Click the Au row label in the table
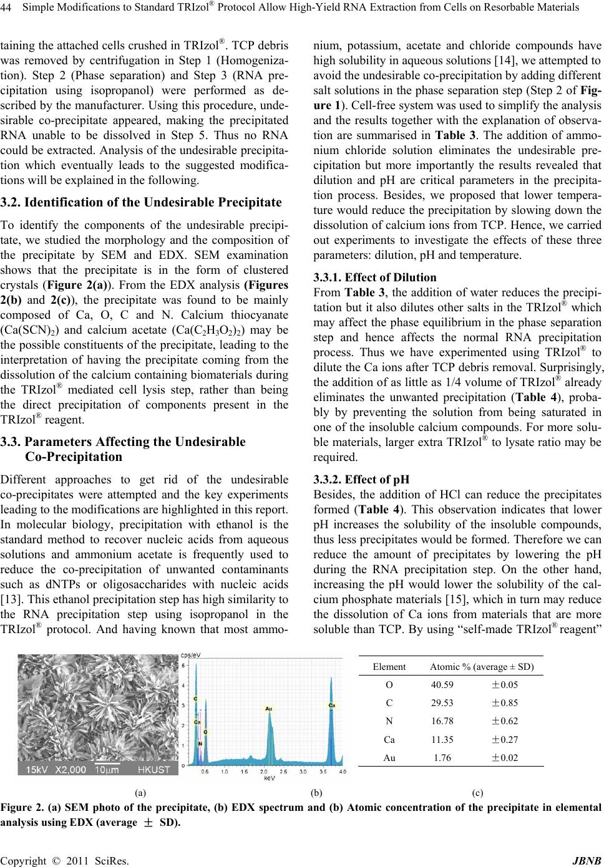point(389,758)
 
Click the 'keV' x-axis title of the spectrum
point(270,778)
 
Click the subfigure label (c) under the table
point(478,793)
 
